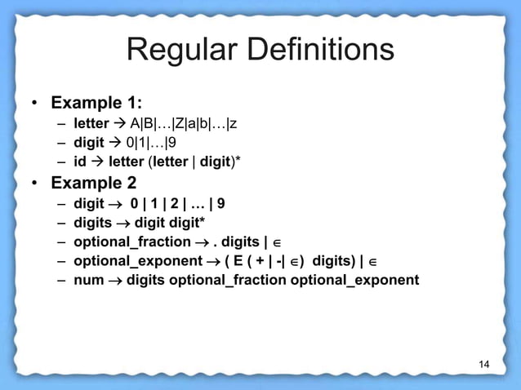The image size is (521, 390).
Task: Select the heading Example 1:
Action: click(97, 104)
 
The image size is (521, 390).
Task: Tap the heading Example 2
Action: click(94, 181)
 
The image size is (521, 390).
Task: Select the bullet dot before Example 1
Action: click(34, 105)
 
